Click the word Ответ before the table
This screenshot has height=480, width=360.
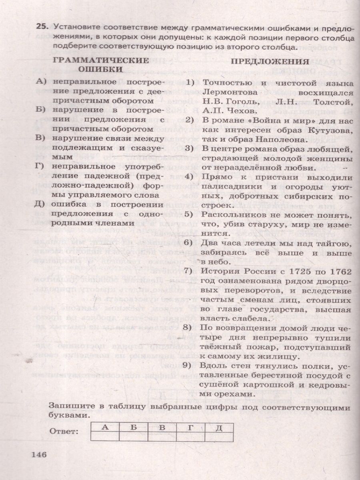tap(63, 431)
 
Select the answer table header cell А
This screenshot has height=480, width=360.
tap(105, 427)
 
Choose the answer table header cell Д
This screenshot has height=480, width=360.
tap(218, 427)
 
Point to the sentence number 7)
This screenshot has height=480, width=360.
tap(189, 272)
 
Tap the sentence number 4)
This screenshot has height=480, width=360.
tap(189, 177)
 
